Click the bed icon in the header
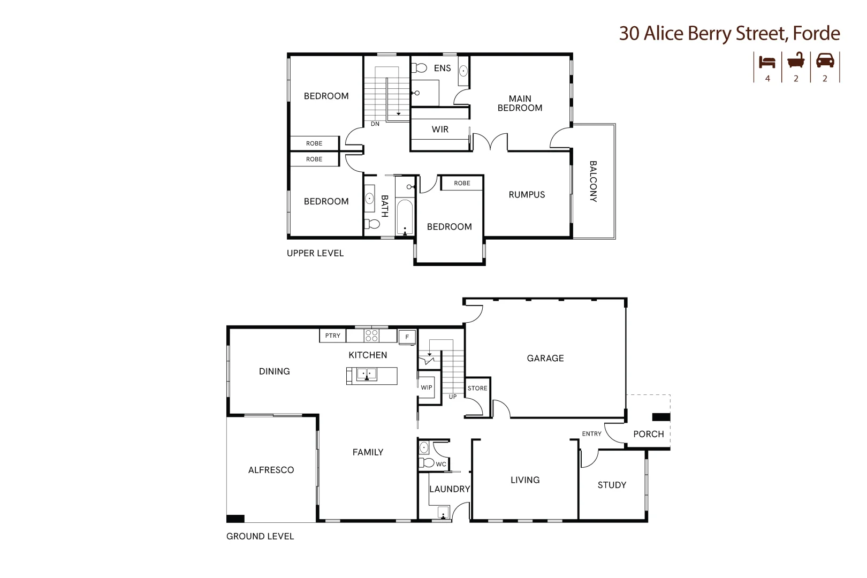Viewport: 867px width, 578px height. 767,62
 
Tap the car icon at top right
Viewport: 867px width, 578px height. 825,60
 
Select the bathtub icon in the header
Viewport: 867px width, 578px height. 796,60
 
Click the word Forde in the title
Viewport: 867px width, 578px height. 816,33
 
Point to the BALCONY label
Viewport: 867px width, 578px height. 593,181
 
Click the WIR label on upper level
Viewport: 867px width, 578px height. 440,130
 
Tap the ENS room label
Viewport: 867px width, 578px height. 442,68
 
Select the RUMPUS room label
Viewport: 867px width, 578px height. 527,195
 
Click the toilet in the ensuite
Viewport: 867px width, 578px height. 420,68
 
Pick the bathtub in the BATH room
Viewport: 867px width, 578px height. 405,217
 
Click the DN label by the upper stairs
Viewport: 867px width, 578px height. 375,124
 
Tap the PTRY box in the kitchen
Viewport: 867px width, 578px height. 332,336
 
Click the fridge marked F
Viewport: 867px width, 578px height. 407,337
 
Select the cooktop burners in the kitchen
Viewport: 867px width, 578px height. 371,336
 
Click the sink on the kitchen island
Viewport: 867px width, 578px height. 367,374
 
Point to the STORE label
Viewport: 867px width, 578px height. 477,388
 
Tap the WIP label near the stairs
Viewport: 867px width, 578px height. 427,387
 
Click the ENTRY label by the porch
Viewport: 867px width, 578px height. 591,433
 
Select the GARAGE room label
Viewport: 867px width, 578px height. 545,358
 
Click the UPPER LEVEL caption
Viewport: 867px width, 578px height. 315,253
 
